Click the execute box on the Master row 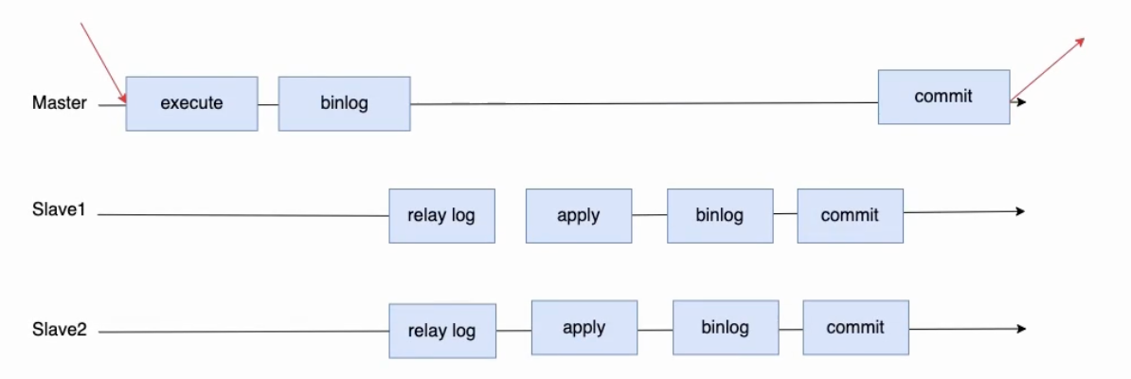coord(192,103)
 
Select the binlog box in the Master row coord(344,103)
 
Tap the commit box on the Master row coord(943,97)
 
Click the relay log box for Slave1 coord(441,216)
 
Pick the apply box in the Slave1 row coord(579,216)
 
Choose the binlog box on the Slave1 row coord(720,216)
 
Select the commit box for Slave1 coord(850,216)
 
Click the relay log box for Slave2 coord(442,331)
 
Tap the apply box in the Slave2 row coord(584,328)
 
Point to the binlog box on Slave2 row coord(726,328)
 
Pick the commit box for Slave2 coord(855,328)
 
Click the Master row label coord(59,103)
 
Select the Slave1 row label coord(59,210)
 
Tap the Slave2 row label coord(59,331)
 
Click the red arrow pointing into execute coord(104,68)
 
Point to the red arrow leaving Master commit coord(1048,68)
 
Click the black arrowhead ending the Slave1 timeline coord(1020,211)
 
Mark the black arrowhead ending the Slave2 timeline coord(1020,329)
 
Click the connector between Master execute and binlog coord(268,104)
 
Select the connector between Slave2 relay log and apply coord(513,331)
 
